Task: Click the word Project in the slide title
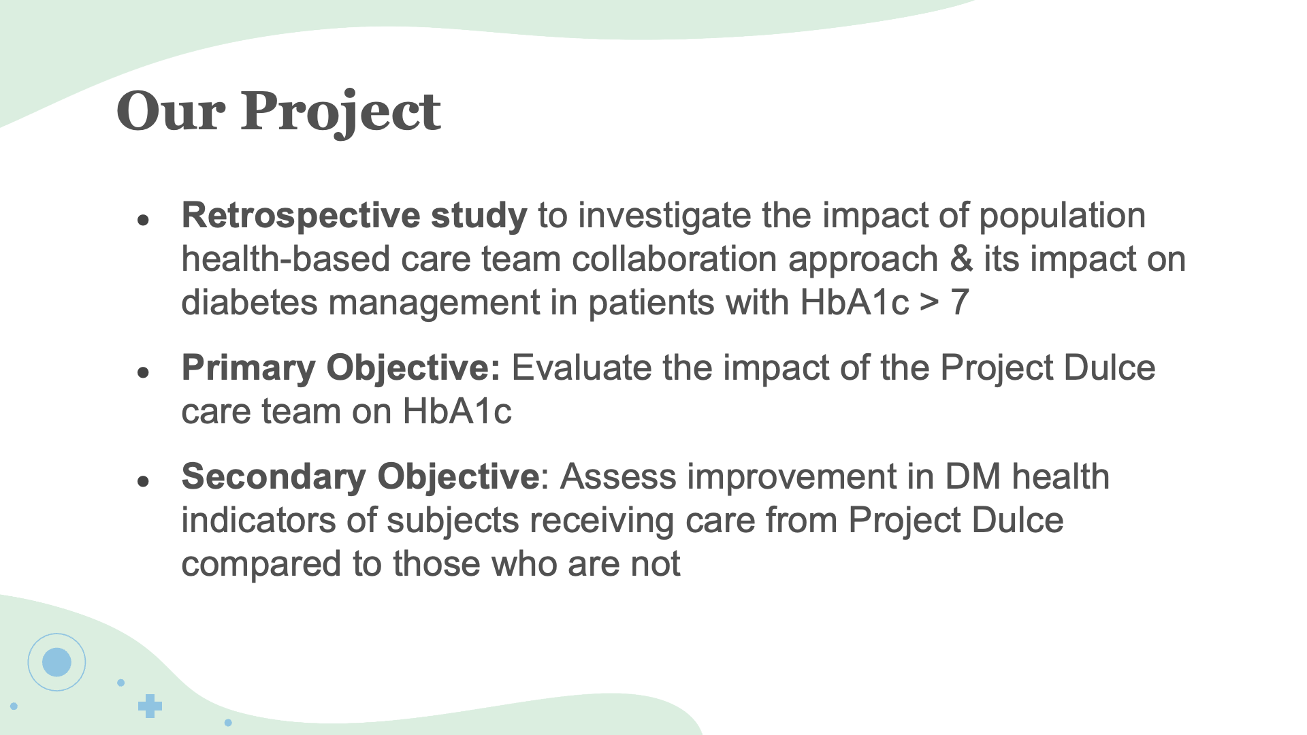[340, 112]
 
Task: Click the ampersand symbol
[961, 259]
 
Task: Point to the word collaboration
[674, 259]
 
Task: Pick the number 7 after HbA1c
[959, 302]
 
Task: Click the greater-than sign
[929, 304]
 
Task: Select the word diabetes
[249, 302]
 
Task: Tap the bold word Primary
[248, 369]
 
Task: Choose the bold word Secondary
[274, 477]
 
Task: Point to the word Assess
[618, 477]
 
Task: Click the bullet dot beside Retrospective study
[143, 220]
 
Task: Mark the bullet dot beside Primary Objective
[143, 372]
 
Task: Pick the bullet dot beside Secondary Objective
[143, 481]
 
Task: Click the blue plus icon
[150, 706]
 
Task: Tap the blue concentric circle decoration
[57, 661]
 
